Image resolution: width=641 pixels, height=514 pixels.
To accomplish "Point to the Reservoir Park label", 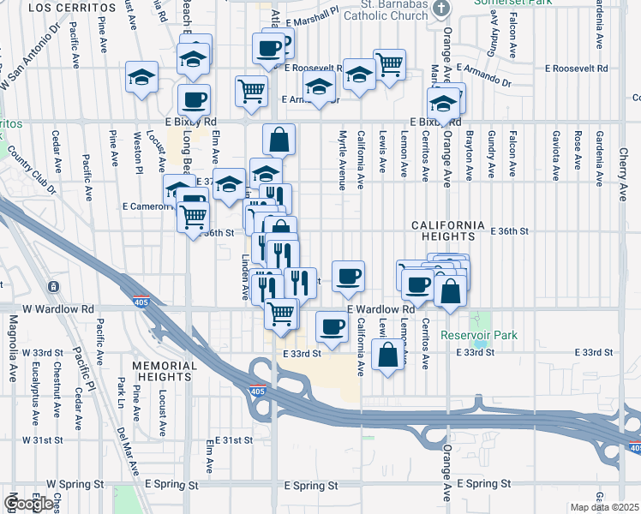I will pyautogui.click(x=480, y=335).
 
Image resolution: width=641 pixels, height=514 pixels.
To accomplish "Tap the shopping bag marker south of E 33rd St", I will pyautogui.click(x=388, y=354).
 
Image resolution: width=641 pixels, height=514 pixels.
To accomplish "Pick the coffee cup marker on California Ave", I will pyautogui.click(x=348, y=276).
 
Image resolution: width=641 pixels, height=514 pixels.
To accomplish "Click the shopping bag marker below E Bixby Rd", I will pyautogui.click(x=279, y=139).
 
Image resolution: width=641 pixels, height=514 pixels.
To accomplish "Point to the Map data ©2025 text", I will pyautogui.click(x=605, y=507).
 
